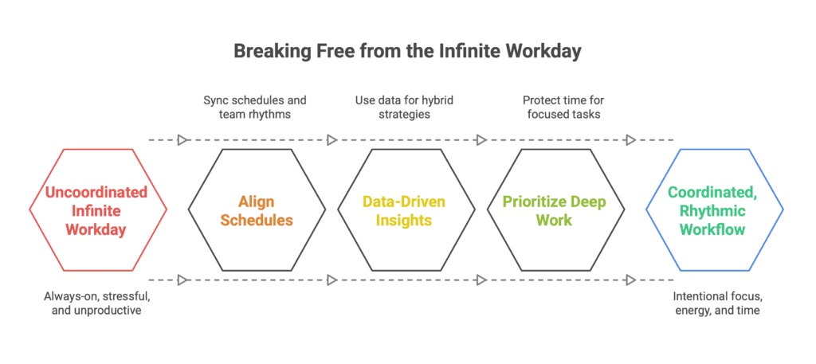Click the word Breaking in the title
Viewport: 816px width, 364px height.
pyautogui.click(x=268, y=53)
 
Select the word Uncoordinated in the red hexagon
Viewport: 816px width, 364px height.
pyautogui.click(x=96, y=193)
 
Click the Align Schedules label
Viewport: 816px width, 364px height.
pyautogui.click(x=257, y=210)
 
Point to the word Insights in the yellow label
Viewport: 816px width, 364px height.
pyautogui.click(x=404, y=220)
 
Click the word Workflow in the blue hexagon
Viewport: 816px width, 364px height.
pyautogui.click(x=712, y=229)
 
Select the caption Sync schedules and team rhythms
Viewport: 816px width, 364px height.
pyautogui.click(x=255, y=107)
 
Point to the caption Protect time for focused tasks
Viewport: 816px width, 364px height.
pyautogui.click(x=563, y=107)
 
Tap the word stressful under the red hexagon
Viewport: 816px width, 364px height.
pyautogui.click(x=126, y=297)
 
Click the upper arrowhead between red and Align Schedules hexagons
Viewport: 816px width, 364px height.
pyautogui.click(x=182, y=140)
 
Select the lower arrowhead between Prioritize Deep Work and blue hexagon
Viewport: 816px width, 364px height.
pyautogui.click(x=630, y=280)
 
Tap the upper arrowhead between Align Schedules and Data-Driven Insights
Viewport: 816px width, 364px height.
pyautogui.click(x=331, y=140)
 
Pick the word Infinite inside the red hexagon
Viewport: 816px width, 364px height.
pyautogui.click(x=96, y=210)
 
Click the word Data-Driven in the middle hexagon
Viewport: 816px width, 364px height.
pyautogui.click(x=404, y=202)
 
